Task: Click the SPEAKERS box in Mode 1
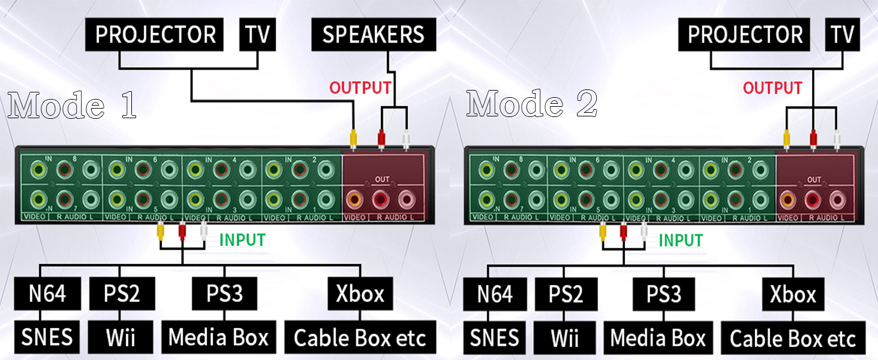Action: coord(373,35)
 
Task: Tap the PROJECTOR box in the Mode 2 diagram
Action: coord(745,35)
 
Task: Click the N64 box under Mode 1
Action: coord(47,293)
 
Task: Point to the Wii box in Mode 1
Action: coord(121,337)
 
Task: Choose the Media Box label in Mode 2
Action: coord(658,337)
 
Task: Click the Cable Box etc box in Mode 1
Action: coord(360,338)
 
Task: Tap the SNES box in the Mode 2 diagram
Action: coord(494,337)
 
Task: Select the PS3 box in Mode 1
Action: coord(225,293)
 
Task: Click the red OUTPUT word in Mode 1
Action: coord(360,88)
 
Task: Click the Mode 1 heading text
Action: coord(72,105)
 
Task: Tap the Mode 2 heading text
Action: coord(532,104)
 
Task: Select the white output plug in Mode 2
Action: coord(837,139)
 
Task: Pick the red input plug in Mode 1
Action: coord(182,229)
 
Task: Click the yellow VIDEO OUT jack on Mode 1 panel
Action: coord(355,199)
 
